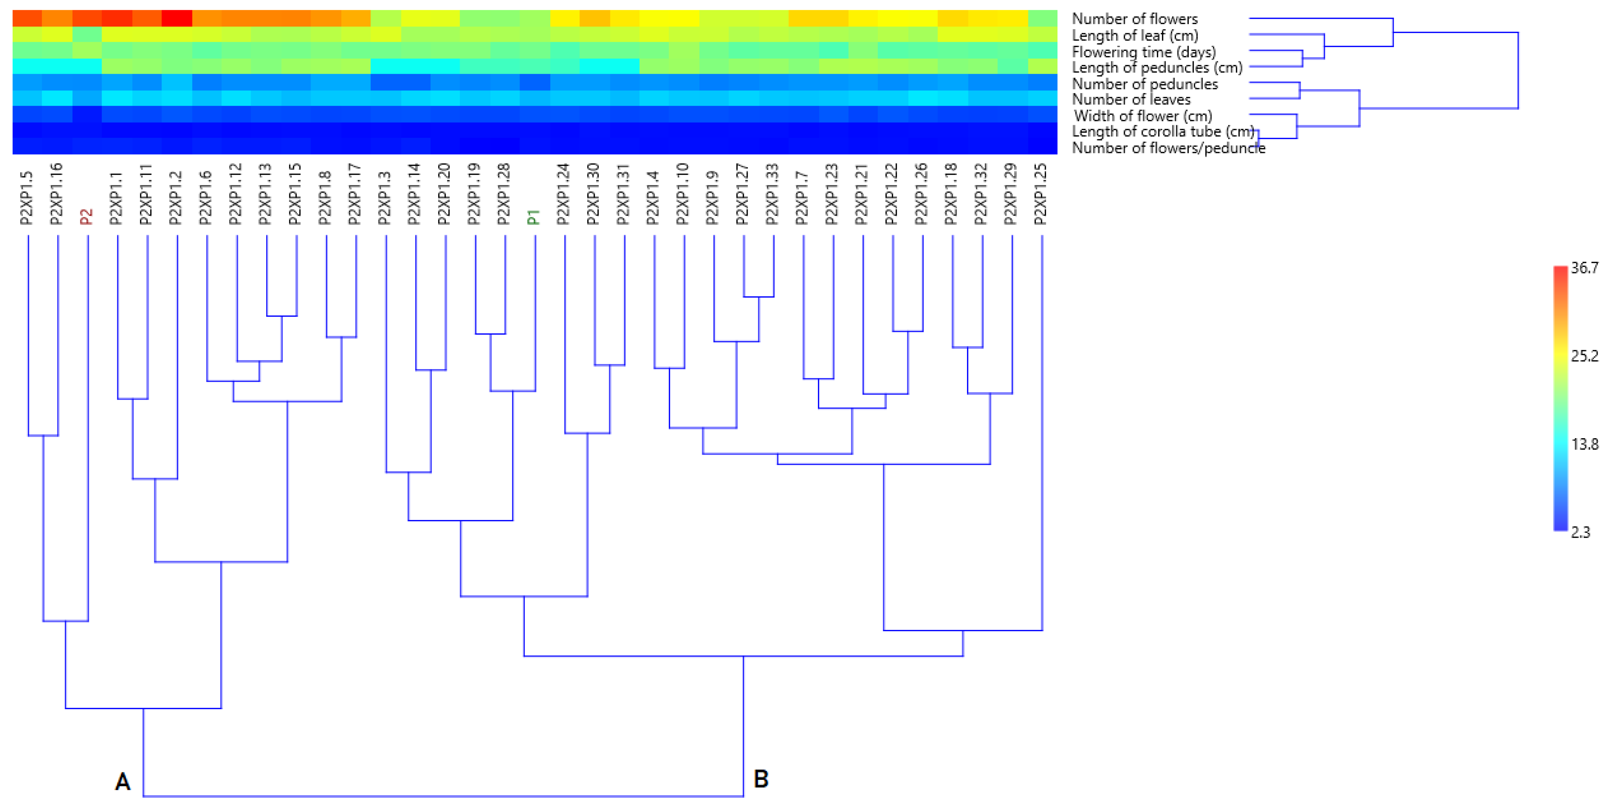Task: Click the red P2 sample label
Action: pyautogui.click(x=87, y=216)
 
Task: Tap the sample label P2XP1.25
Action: pyautogui.click(x=1040, y=194)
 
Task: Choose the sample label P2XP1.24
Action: pyautogui.click(x=563, y=194)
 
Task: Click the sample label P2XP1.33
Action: pyautogui.click(x=772, y=194)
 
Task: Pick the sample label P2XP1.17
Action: pyautogui.click(x=354, y=194)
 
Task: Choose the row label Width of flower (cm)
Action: pyautogui.click(x=1143, y=116)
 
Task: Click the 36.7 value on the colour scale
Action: pyautogui.click(x=1585, y=268)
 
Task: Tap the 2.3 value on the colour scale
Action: pyautogui.click(x=1580, y=532)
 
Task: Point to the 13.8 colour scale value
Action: pyautogui.click(x=1585, y=444)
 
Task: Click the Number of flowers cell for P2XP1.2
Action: pyautogui.click(x=176, y=18)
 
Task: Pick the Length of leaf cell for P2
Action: pyautogui.click(x=87, y=34)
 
